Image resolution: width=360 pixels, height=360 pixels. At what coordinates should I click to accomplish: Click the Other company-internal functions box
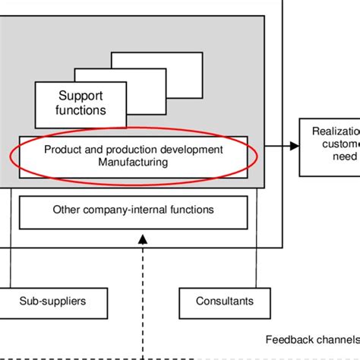click(133, 210)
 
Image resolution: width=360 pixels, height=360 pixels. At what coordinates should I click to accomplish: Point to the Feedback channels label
click(311, 339)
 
